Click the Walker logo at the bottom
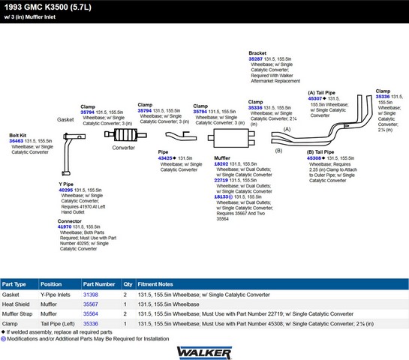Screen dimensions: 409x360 204,353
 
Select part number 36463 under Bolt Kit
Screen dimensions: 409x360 17,141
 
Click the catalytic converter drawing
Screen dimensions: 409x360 125,135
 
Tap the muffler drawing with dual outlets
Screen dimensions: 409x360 231,138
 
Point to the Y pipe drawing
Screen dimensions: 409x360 68,154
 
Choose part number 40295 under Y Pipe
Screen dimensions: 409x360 66,190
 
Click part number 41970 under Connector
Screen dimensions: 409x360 65,226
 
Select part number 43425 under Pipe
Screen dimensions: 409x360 165,158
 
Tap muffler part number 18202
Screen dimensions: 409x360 221,164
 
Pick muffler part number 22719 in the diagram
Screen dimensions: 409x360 221,180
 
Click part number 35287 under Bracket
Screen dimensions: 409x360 256,59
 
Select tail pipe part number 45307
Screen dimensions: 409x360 315,98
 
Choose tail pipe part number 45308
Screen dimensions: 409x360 314,158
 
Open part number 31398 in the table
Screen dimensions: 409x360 91,295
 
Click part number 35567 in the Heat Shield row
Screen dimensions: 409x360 91,304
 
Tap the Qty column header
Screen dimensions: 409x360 128,284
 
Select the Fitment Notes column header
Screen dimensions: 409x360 155,284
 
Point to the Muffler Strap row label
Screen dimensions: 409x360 17,313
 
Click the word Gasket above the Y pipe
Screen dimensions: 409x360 65,120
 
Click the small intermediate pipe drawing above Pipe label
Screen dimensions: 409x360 181,136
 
